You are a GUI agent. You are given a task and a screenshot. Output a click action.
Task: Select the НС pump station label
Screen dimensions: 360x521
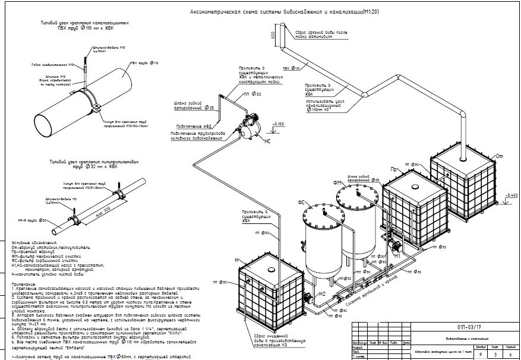tap(267, 142)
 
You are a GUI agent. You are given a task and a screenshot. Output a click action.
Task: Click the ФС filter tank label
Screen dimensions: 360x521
tap(302, 203)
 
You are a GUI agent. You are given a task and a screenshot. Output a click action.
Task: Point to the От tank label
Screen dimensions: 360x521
tap(499, 156)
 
